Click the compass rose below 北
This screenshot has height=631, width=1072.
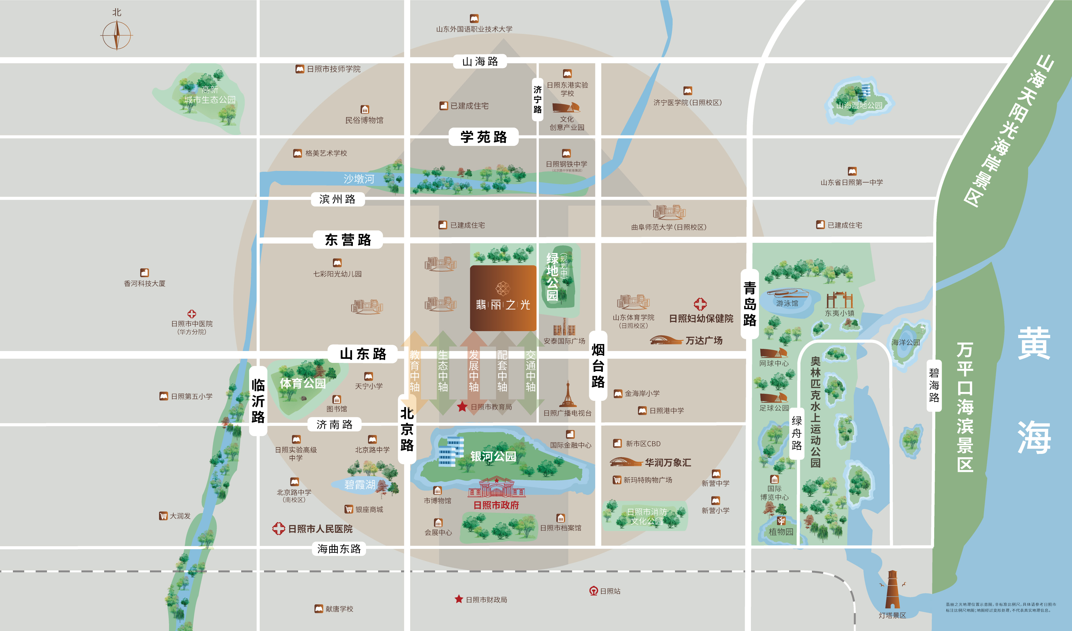point(117,35)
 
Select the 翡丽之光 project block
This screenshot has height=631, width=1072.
point(503,298)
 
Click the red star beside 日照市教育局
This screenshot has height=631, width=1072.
point(462,407)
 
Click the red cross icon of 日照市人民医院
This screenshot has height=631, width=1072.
point(279,528)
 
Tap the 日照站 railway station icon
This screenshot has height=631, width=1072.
point(593,591)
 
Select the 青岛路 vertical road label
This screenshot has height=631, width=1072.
point(750,304)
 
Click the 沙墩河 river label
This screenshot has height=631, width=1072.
point(358,179)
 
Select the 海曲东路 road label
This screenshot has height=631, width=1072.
point(339,549)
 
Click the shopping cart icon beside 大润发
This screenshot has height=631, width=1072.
point(163,516)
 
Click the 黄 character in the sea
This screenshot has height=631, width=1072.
point(1034,343)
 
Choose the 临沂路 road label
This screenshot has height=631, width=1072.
point(258,401)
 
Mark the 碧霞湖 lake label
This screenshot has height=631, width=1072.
point(360,485)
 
